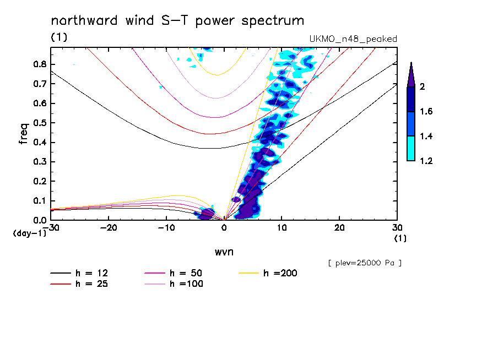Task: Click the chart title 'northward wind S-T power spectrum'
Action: click(x=177, y=21)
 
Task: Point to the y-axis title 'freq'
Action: click(x=24, y=133)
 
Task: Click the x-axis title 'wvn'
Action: click(x=224, y=252)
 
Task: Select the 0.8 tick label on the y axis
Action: click(x=39, y=64)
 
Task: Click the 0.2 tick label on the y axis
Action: click(x=39, y=181)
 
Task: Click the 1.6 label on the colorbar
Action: click(x=426, y=112)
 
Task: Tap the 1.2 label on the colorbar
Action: click(x=426, y=161)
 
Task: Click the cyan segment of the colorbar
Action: click(x=410, y=148)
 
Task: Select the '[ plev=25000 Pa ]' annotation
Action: click(x=365, y=263)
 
